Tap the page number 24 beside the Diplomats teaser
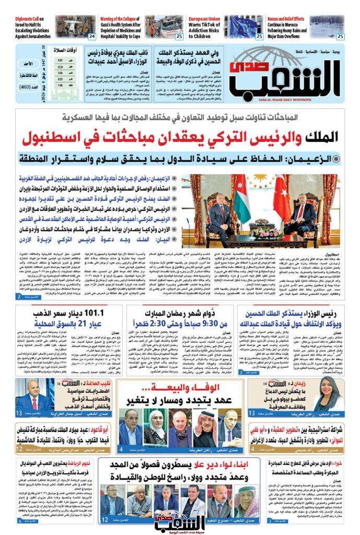coord(92,36)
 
